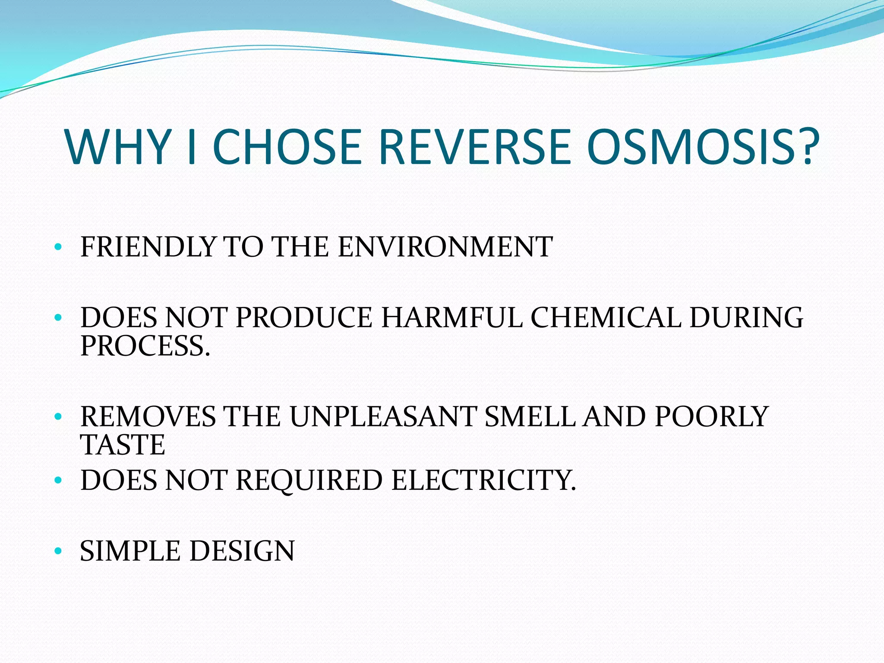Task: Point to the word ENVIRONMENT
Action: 445,247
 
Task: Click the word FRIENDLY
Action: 148,247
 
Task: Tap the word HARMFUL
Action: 451,318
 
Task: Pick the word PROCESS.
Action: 145,346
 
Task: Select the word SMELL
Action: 530,417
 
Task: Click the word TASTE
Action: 123,445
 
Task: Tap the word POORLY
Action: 711,417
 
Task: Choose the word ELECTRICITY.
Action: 483,480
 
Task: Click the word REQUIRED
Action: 309,480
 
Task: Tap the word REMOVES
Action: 148,417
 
